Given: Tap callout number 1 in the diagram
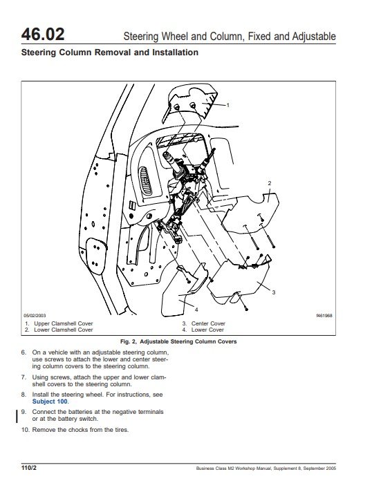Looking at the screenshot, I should pyautogui.click(x=227, y=105).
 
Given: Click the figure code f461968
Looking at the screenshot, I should pyautogui.click(x=324, y=315).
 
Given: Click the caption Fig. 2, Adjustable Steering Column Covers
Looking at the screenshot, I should pyautogui.click(x=178, y=341).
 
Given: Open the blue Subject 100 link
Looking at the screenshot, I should pyautogui.click(x=50, y=401).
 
